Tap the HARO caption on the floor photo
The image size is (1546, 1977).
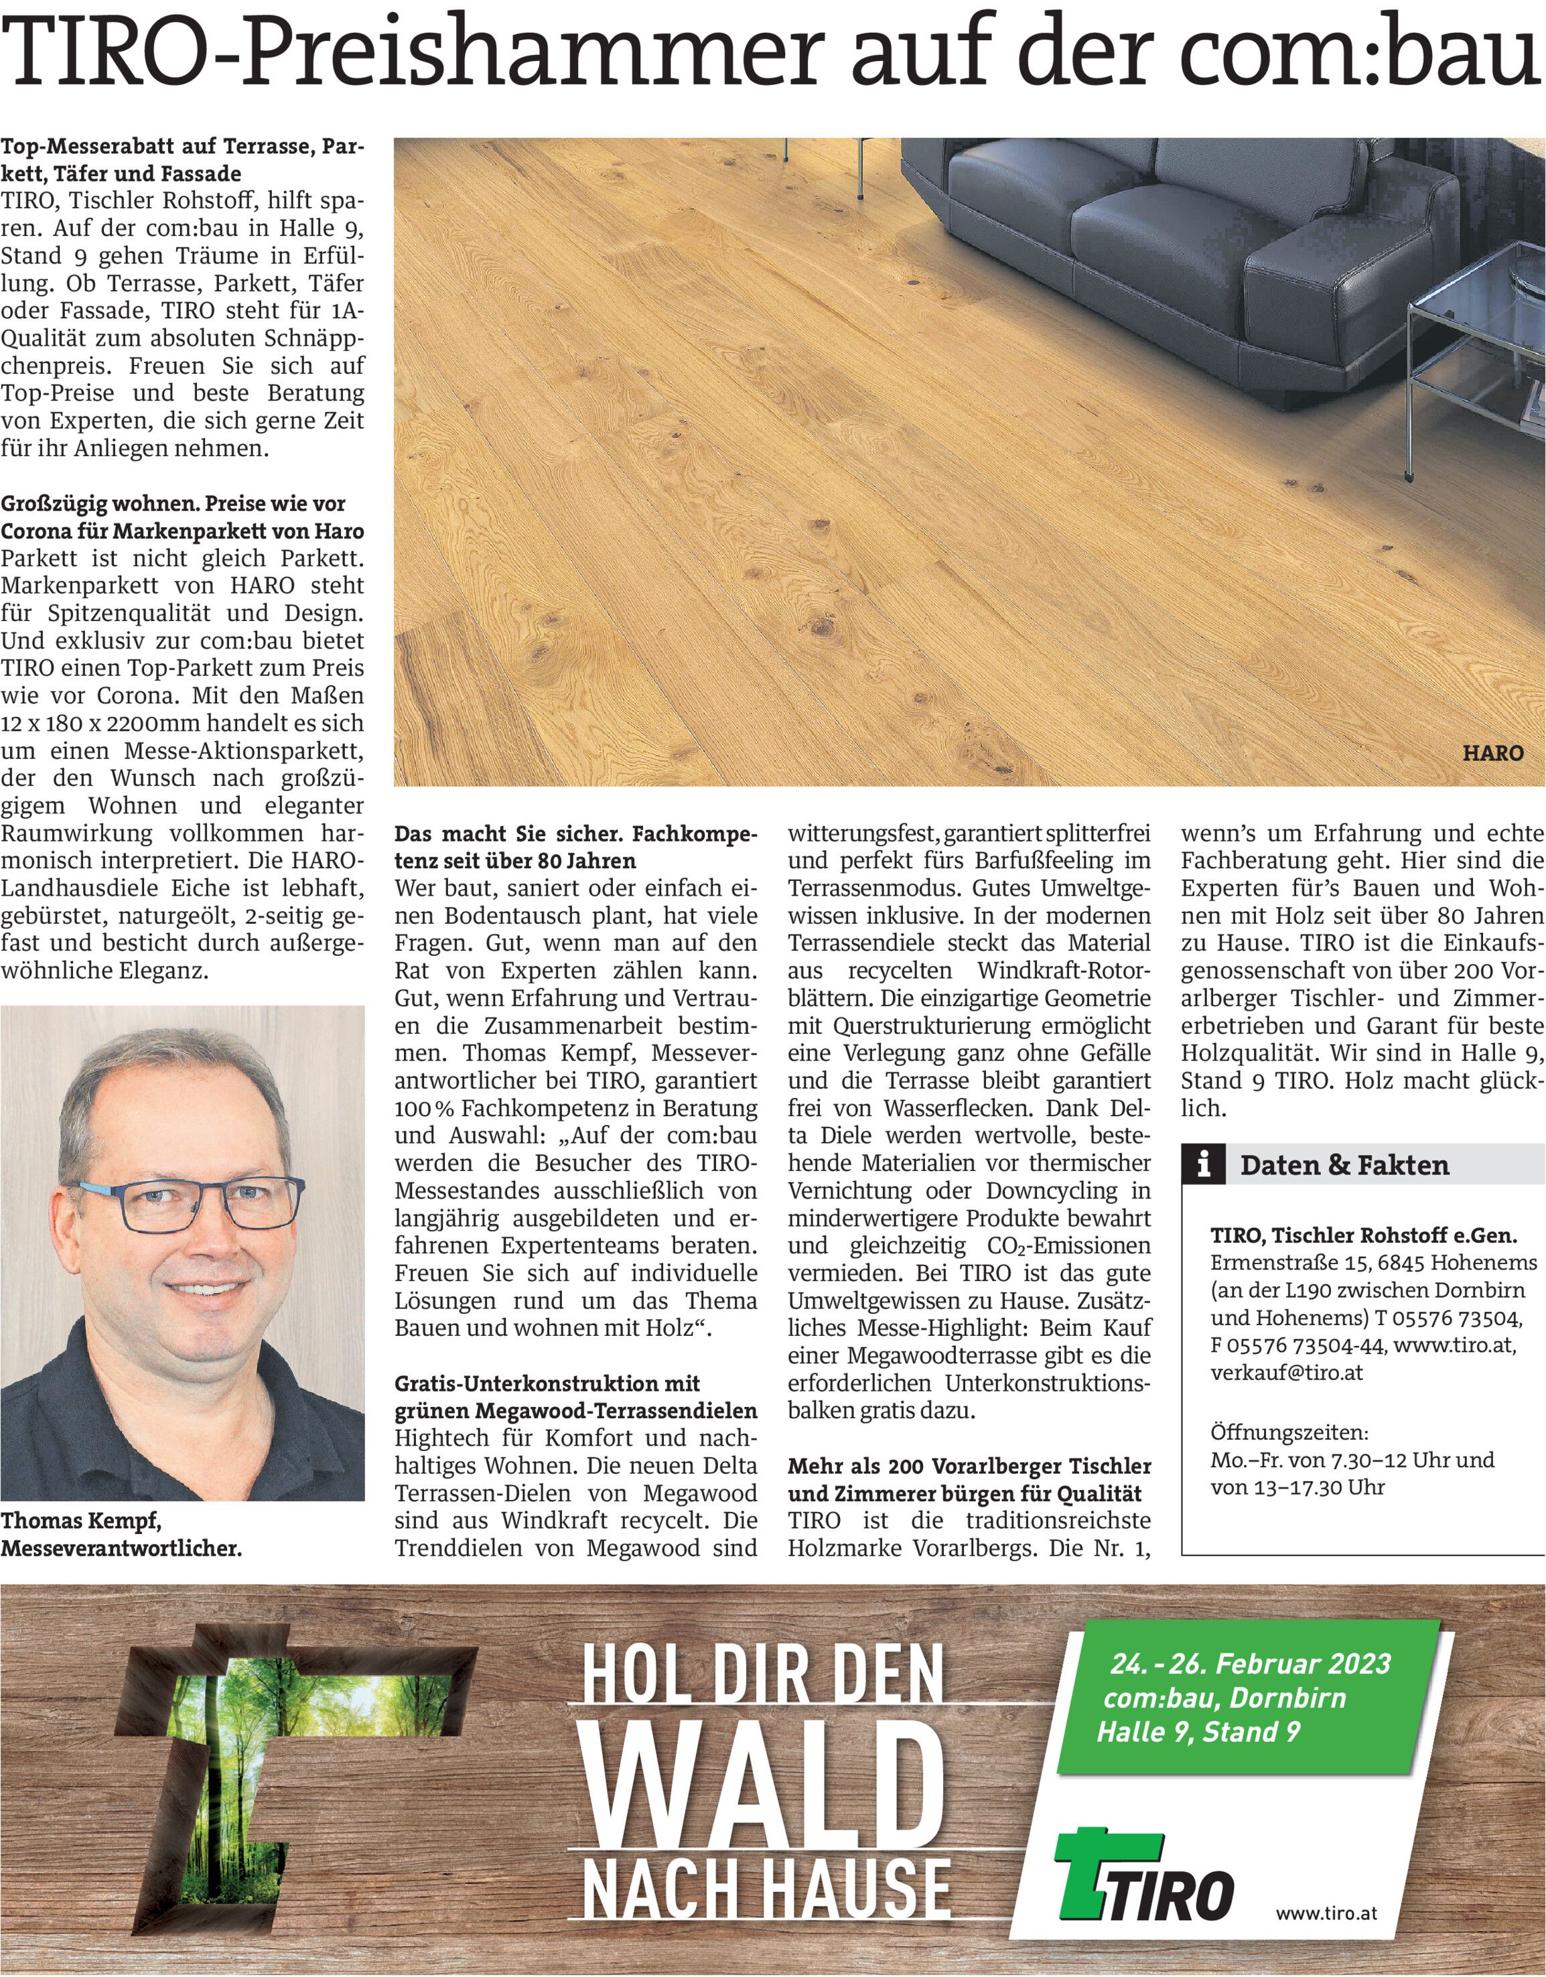[1492, 753]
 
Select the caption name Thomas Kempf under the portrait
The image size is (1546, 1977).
[82, 1521]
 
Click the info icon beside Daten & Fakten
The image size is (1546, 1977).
[1203, 1165]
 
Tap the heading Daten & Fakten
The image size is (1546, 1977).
[1344, 1165]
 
